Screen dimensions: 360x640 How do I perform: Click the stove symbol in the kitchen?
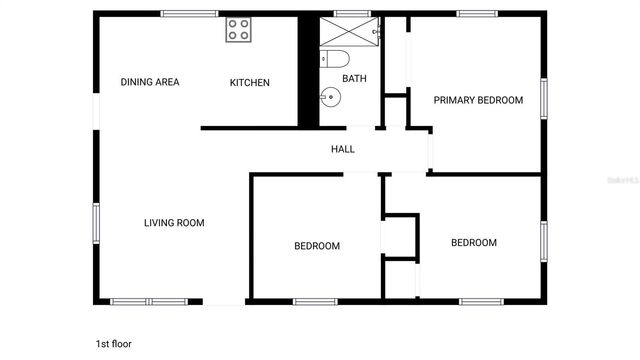tap(238, 29)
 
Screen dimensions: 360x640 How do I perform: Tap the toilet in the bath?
tap(334, 58)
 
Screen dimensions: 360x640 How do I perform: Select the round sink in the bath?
tap(331, 98)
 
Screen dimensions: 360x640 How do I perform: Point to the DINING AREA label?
tap(150, 82)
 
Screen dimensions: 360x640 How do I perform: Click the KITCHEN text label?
tap(250, 82)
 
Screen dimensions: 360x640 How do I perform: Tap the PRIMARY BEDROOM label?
tap(478, 100)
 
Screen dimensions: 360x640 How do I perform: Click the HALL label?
tap(343, 149)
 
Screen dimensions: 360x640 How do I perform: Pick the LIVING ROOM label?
tap(174, 223)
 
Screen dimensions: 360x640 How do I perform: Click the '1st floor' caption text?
tap(113, 343)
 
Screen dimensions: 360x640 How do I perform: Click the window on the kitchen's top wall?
tap(190, 13)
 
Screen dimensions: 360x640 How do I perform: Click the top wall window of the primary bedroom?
tap(478, 13)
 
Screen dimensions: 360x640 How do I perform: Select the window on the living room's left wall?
tap(97, 224)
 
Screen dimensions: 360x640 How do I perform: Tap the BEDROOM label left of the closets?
tap(316, 246)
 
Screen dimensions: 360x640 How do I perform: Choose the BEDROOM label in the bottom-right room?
tap(473, 242)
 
